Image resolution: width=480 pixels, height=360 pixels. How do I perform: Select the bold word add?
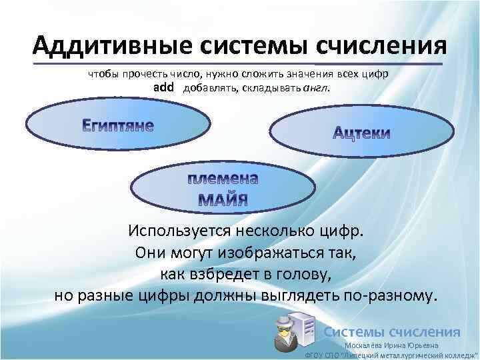pyautogui.click(x=163, y=87)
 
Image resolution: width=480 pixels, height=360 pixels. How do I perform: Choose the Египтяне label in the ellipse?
pyautogui.click(x=118, y=125)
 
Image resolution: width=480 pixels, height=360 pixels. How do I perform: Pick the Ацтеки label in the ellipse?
pyautogui.click(x=361, y=133)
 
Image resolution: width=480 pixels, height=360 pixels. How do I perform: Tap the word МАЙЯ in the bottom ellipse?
pyautogui.click(x=223, y=199)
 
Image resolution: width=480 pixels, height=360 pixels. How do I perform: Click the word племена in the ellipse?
pyautogui.click(x=223, y=179)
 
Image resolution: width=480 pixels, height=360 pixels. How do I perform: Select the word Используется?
pyautogui.click(x=177, y=231)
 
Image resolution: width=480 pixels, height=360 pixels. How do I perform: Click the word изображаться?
pyautogui.click(x=267, y=252)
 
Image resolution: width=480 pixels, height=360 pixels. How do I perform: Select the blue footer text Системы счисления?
pyautogui.click(x=391, y=331)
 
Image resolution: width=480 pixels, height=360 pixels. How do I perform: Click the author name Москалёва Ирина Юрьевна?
pyautogui.click(x=391, y=345)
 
